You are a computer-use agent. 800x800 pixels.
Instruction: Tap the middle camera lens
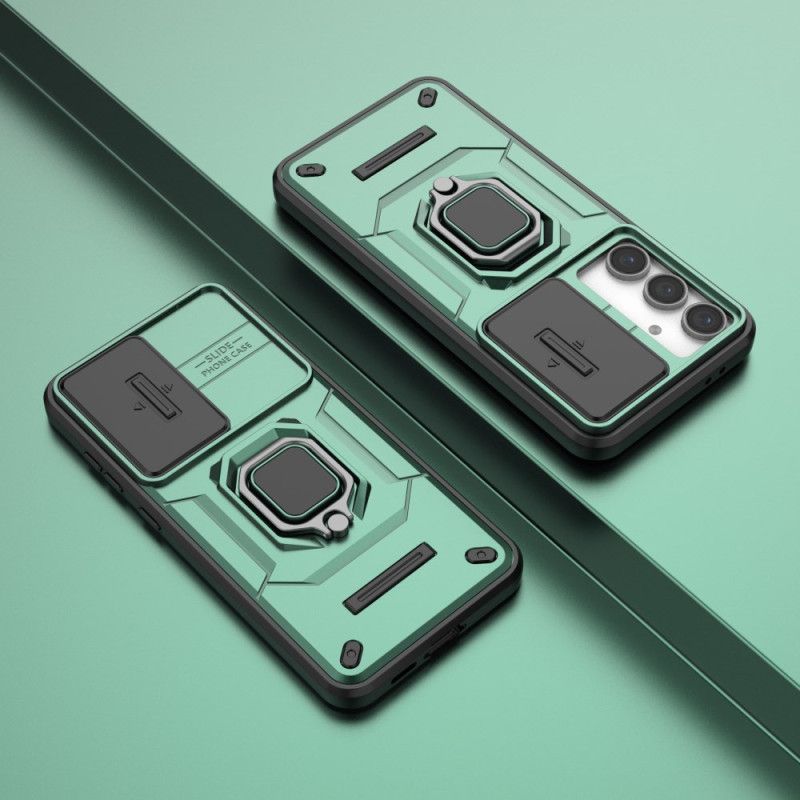click(x=666, y=291)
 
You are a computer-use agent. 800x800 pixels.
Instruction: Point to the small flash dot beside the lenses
click(x=655, y=330)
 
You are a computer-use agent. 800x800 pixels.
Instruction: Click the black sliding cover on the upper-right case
click(x=575, y=349)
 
